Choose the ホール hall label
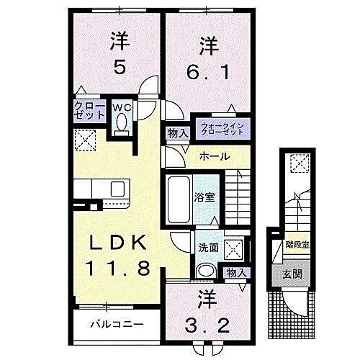[x=215, y=156]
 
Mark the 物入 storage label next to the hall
[x=178, y=133]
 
